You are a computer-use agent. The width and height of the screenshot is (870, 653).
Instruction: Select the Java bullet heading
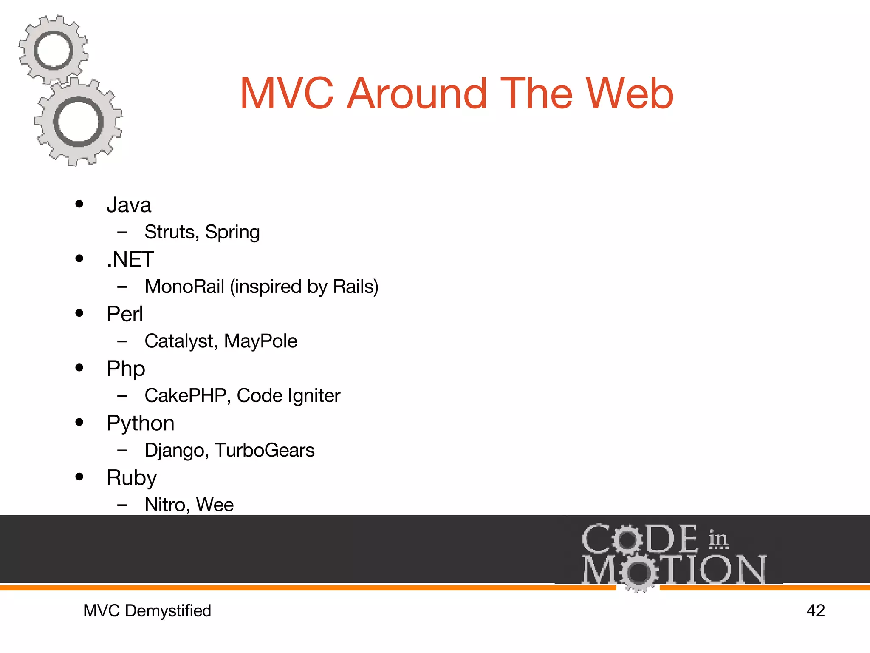point(129,205)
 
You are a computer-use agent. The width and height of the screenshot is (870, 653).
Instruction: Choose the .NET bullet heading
point(130,259)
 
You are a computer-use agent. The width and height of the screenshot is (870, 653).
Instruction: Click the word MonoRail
point(184,287)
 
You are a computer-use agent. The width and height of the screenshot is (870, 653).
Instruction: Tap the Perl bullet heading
point(125,314)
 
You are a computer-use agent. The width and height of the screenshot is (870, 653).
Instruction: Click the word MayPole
point(260,341)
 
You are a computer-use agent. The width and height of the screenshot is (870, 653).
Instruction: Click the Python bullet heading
point(141,424)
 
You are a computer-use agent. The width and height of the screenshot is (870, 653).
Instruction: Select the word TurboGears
point(265,450)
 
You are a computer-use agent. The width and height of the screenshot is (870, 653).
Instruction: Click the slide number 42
point(815,611)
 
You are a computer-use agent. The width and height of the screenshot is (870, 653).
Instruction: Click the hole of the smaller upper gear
point(54,51)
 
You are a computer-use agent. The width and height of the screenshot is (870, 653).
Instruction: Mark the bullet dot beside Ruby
point(79,477)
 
